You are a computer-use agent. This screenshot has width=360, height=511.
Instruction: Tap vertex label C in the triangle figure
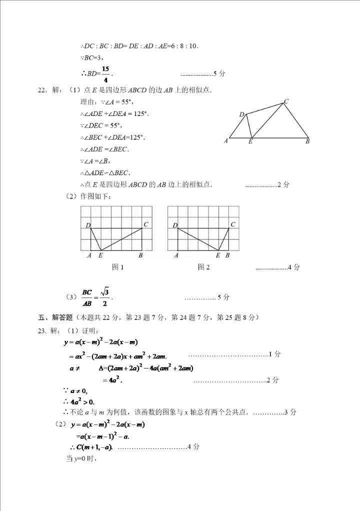286,101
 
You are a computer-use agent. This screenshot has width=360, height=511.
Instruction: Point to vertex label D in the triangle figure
241,115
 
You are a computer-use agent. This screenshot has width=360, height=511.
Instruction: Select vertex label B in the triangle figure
307,141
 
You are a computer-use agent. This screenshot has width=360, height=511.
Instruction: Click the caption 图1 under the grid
118,267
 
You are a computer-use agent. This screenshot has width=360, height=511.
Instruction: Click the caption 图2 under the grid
203,267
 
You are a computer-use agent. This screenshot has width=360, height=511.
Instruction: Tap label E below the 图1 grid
100,255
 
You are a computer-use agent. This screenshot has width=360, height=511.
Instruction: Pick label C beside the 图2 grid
233,225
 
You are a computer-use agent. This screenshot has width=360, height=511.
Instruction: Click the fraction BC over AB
87,297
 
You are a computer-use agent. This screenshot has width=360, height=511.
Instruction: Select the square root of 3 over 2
104,297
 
